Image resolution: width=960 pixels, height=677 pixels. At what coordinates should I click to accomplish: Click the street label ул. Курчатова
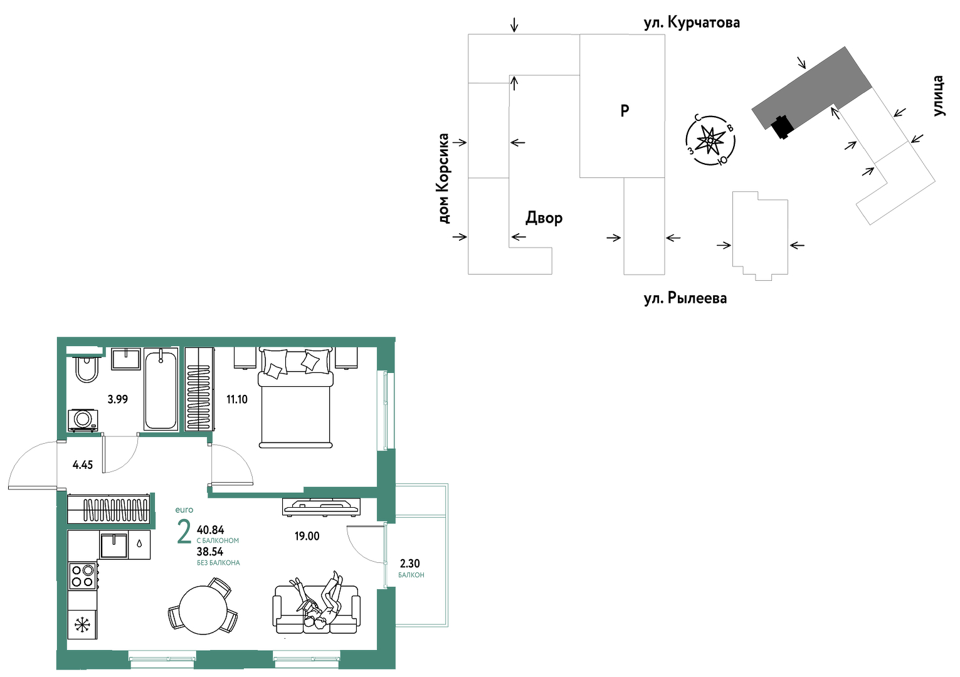pos(692,23)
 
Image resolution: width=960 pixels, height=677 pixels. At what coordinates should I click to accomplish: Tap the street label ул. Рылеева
pos(685,298)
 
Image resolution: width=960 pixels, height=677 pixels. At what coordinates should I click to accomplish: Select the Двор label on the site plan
pos(544,218)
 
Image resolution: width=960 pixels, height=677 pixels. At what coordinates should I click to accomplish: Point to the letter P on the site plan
pos(625,111)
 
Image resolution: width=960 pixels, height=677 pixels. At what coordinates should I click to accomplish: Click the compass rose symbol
pos(710,140)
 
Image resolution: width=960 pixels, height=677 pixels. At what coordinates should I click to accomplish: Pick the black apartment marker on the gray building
pos(783,127)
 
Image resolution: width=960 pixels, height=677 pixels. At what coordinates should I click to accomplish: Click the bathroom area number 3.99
pos(117,399)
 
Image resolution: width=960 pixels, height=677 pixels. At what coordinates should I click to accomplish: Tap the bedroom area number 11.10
pos(237,399)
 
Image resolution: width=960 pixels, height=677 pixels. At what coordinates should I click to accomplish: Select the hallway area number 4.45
pos(83,465)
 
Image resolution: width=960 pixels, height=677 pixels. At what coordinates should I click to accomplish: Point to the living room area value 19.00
pos(307,536)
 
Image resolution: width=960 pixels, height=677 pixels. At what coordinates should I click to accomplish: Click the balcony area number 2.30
pos(409,563)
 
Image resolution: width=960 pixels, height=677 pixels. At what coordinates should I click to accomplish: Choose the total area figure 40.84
pos(211,530)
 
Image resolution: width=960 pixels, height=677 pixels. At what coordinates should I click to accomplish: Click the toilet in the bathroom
pos(87,369)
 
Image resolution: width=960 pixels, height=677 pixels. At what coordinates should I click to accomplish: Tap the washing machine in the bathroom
pos(83,421)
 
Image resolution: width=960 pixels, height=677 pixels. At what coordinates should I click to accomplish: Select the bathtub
pos(161,389)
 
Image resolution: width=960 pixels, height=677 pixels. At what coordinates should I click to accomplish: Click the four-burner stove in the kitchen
pos(83,575)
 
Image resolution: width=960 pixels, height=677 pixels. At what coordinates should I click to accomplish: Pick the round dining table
pos(203,610)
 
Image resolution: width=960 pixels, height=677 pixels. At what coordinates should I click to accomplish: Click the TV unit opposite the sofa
pos(321,506)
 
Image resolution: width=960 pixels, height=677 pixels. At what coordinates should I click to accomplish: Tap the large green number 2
pos(184,532)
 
